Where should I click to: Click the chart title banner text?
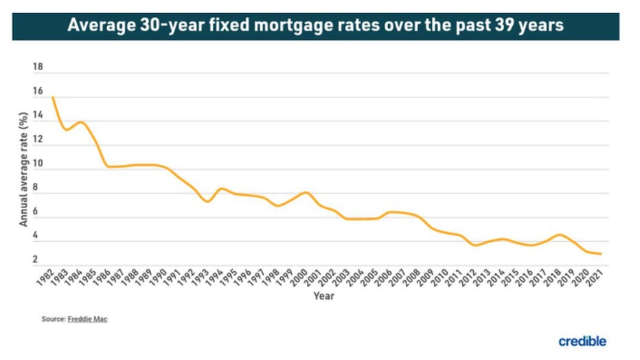(x=315, y=25)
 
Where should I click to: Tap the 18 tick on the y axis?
(x=38, y=68)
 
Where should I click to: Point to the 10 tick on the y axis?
(x=38, y=164)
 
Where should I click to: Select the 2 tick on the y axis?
(x=35, y=260)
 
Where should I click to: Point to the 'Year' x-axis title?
(x=323, y=297)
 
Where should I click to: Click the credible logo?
(x=582, y=341)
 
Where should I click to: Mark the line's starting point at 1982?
(x=52, y=98)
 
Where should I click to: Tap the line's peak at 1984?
(x=81, y=122)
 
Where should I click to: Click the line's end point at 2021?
(x=602, y=254)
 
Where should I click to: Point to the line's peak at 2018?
(x=560, y=235)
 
